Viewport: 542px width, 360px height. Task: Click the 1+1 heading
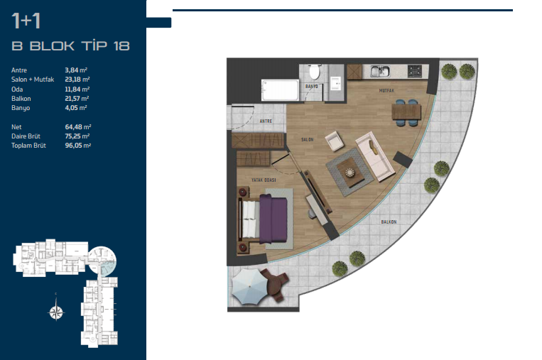pos(26,21)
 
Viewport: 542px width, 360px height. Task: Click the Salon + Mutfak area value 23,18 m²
pos(77,80)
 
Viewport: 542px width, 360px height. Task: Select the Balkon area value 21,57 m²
pos(77,99)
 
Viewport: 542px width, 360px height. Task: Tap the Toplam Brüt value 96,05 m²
pos(78,146)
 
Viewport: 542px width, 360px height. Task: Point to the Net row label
pos(16,127)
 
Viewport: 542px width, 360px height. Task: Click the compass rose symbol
pos(56,312)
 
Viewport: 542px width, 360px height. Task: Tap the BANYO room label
pos(311,86)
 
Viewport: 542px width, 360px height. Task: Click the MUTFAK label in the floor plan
pos(386,90)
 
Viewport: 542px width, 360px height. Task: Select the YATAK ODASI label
pos(264,180)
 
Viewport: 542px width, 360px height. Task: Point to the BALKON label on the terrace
pos(389,222)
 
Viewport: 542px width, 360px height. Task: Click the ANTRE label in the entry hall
pos(266,121)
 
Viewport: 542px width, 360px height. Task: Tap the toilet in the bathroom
pos(315,72)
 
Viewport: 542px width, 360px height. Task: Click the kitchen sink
pos(380,71)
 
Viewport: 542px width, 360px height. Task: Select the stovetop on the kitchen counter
pos(415,71)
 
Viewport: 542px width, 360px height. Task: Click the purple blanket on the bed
pos(273,219)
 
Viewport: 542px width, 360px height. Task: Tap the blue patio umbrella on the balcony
pos(249,287)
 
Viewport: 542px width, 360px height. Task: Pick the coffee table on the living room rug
pos(350,173)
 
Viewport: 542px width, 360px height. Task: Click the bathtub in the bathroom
pos(280,90)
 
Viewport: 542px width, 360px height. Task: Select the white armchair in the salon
pos(335,141)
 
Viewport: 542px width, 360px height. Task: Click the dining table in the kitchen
pos(406,112)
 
